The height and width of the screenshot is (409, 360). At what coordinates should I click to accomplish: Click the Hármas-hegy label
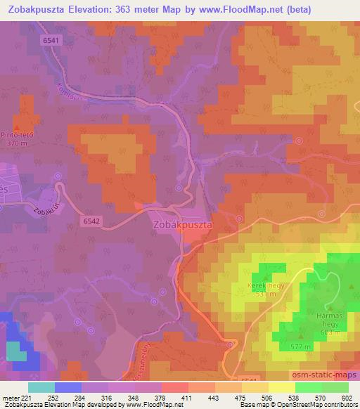(x=335, y=312)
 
